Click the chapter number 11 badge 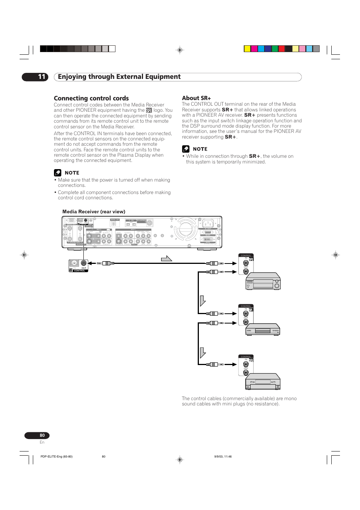(x=35, y=77)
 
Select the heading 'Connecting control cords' (x=91, y=98)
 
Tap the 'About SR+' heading (x=196, y=98)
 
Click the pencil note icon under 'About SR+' (x=186, y=149)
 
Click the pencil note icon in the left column (x=57, y=173)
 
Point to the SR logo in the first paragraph (x=149, y=111)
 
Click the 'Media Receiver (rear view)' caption (x=94, y=212)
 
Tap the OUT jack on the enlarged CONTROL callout (x=84, y=263)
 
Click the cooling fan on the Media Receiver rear (x=186, y=229)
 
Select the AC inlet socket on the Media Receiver (x=208, y=223)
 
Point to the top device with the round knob (x=263, y=281)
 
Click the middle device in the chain (x=263, y=330)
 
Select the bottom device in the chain (x=263, y=381)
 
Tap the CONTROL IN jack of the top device (x=246, y=263)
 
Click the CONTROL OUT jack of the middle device (x=246, y=322)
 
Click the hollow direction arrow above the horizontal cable (x=166, y=259)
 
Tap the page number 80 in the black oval (x=42, y=435)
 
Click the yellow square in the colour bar (x=247, y=49)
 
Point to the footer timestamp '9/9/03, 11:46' (x=223, y=456)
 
